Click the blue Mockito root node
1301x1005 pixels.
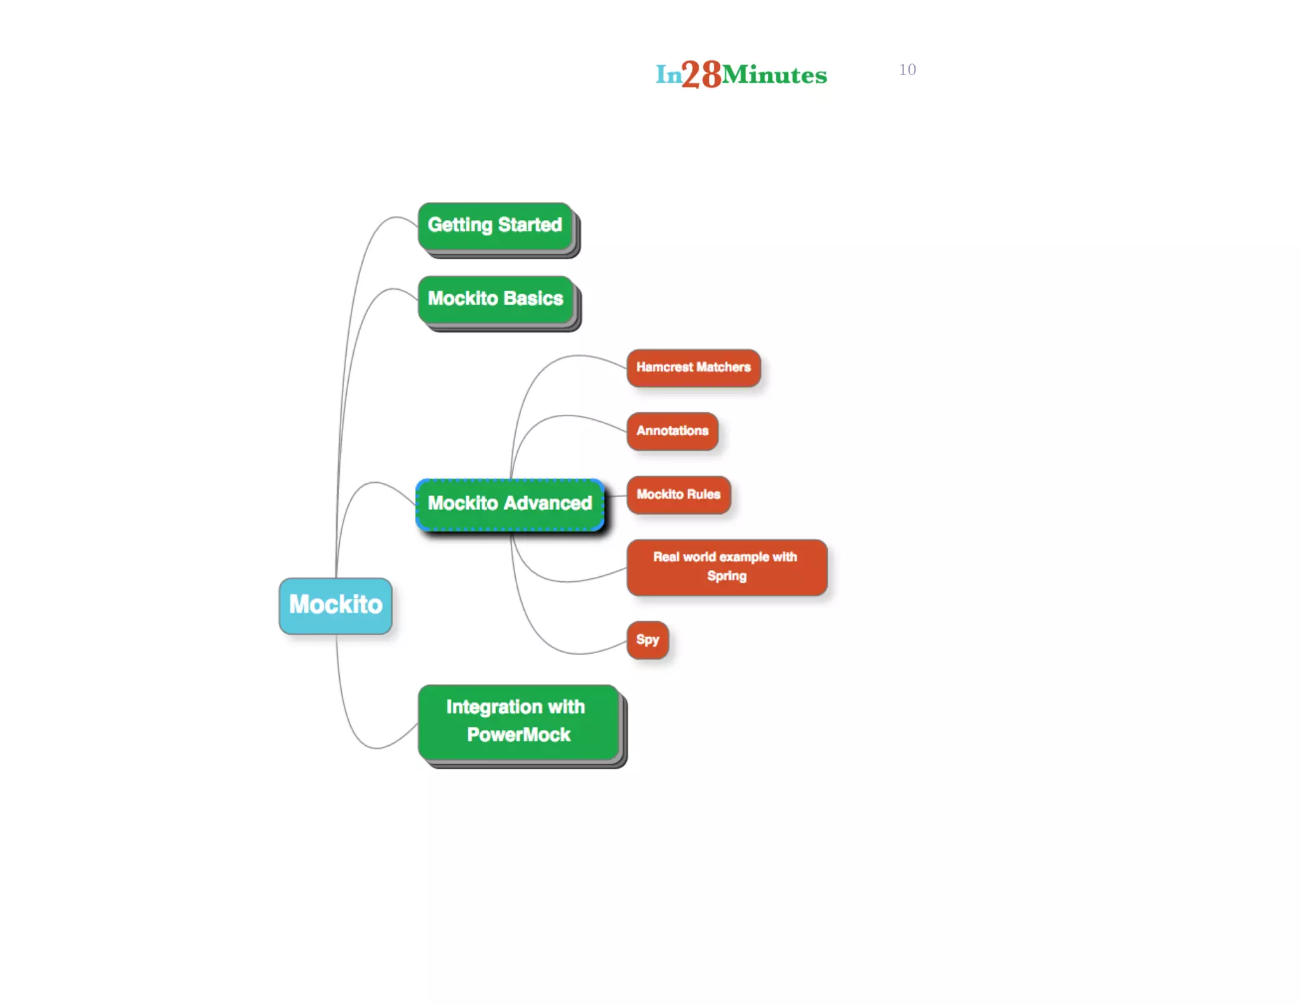[335, 605]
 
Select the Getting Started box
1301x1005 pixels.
[495, 226]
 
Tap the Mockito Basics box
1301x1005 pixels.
[495, 299]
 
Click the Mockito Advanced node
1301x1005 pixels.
[509, 504]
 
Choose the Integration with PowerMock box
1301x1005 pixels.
[518, 722]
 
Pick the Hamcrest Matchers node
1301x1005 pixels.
[693, 368]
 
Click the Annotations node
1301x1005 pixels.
[672, 431]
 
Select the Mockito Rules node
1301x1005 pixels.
[678, 495]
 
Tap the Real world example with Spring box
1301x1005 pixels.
[726, 567]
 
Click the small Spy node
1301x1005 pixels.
[647, 640]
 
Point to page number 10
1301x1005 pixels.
[907, 70]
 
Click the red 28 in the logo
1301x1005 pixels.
[702, 74]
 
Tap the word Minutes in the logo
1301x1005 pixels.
[774, 76]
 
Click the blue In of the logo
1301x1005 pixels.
[668, 75]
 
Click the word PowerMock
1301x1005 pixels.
[518, 735]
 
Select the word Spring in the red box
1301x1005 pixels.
[727, 576]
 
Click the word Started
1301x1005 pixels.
[530, 225]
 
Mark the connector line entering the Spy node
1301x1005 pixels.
[610, 649]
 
